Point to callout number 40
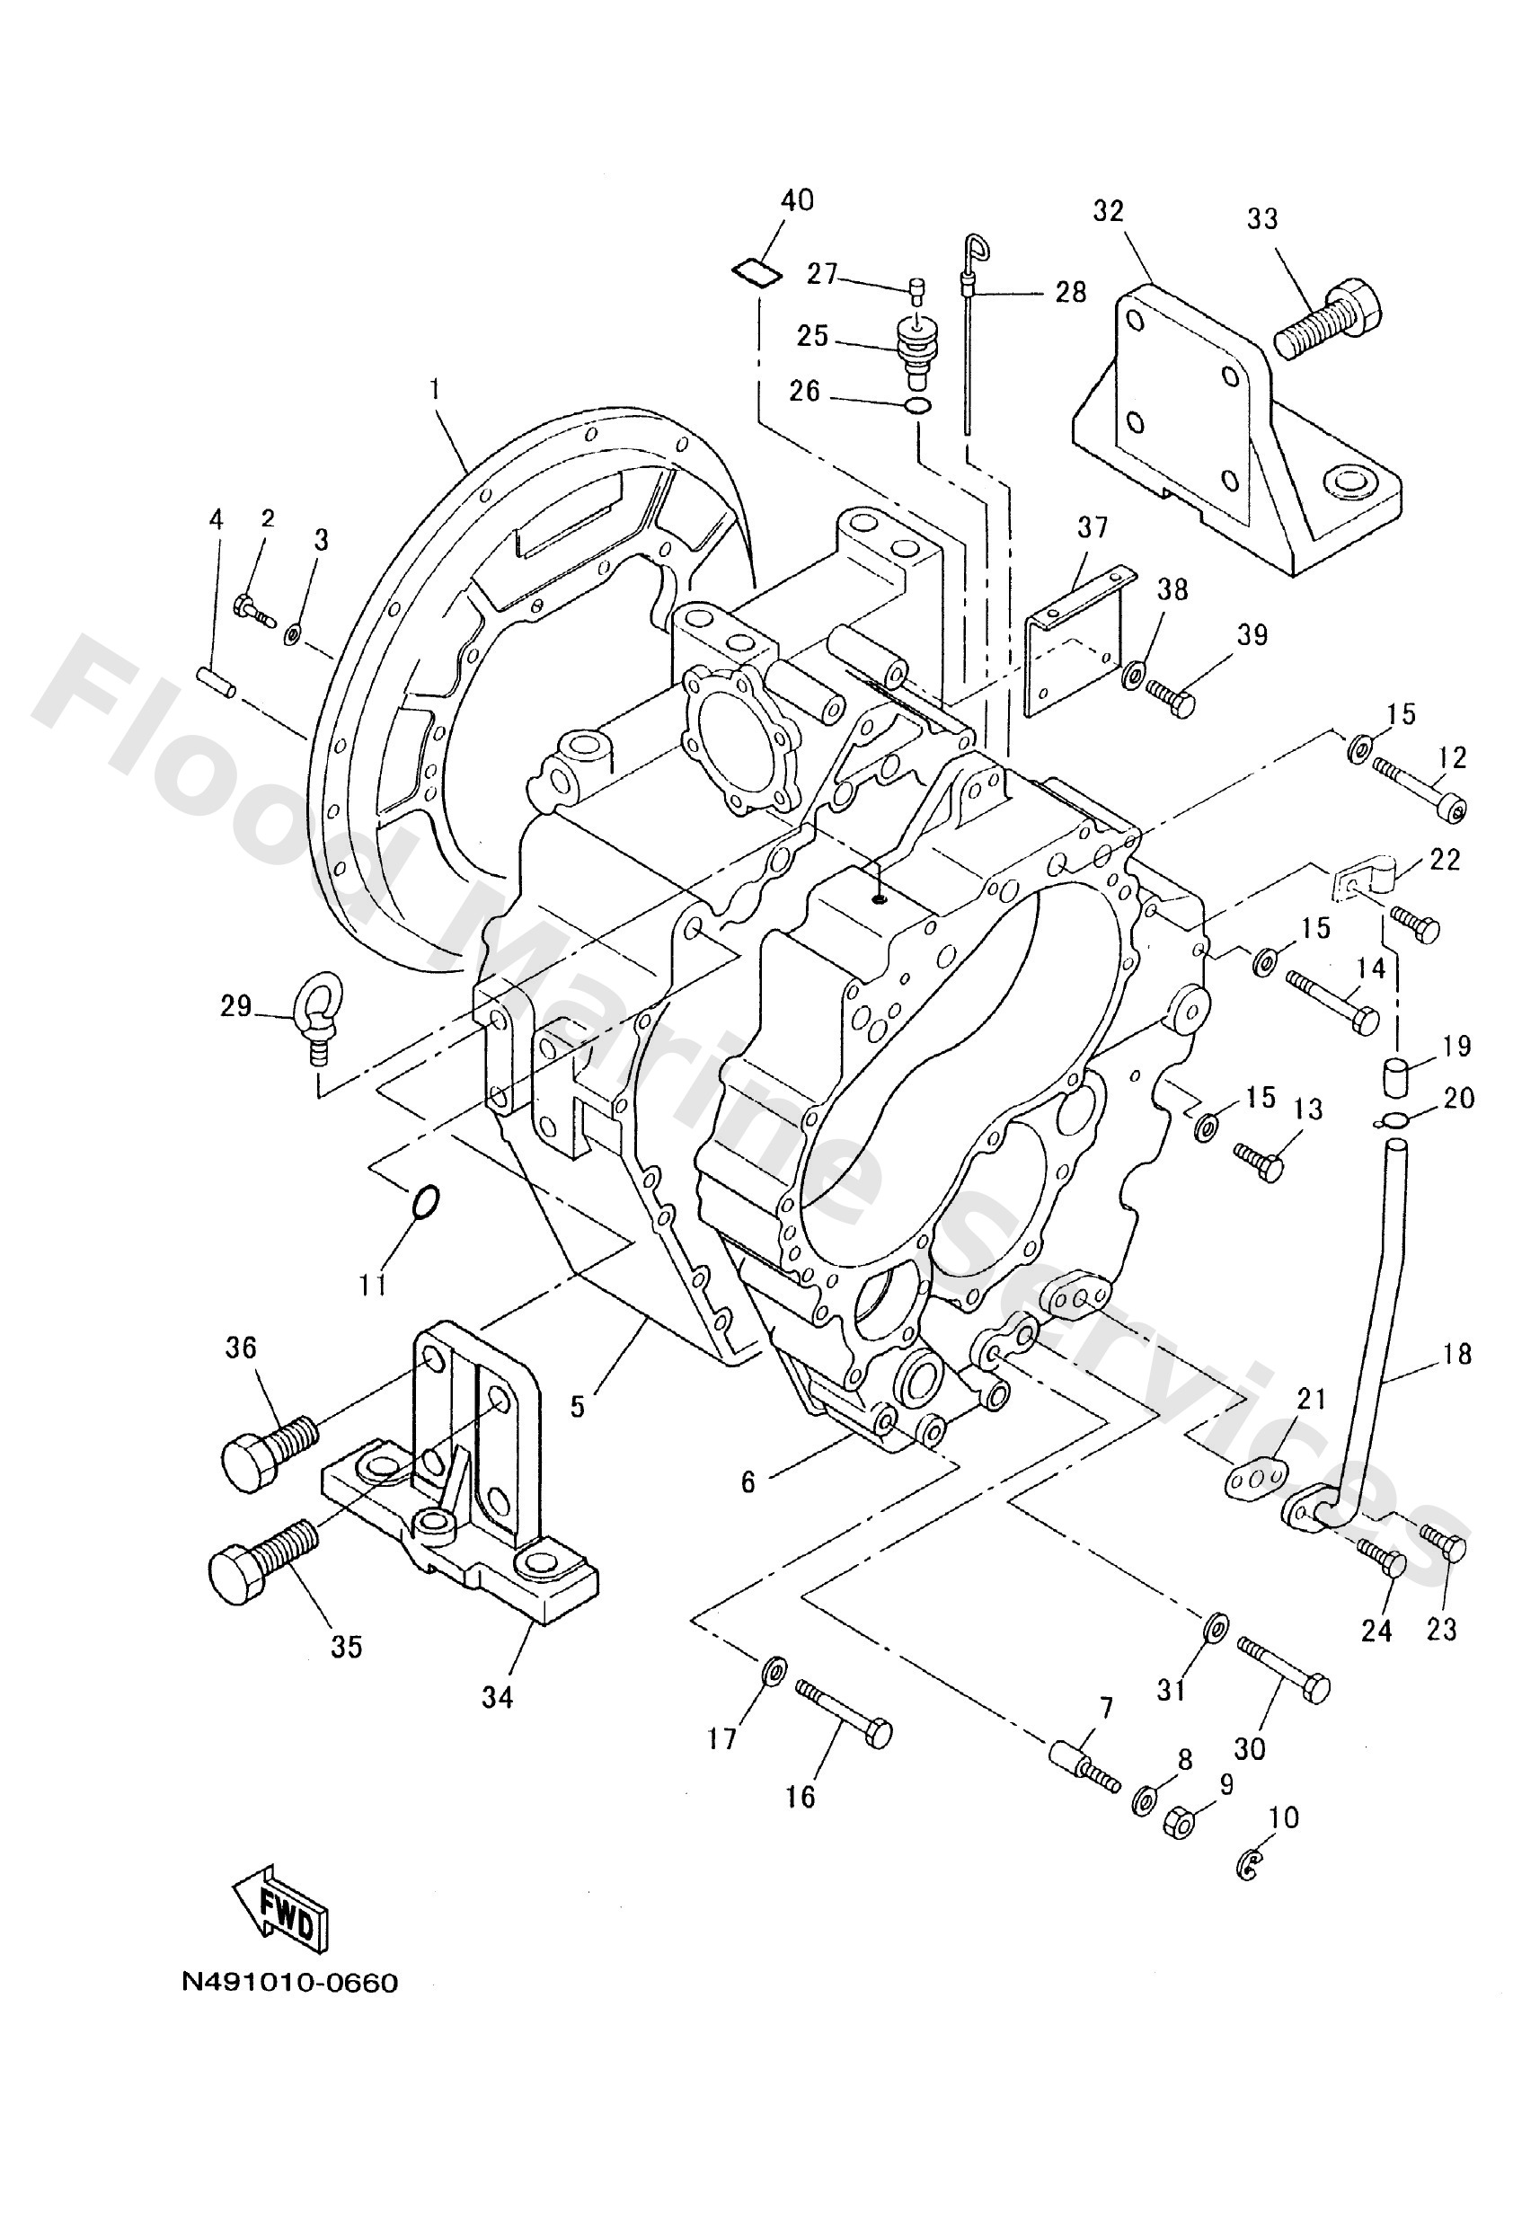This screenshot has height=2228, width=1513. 797,199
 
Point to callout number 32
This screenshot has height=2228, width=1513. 1108,211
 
